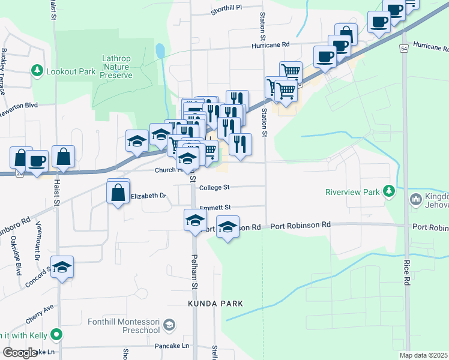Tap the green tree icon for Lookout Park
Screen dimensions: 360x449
pos(37,71)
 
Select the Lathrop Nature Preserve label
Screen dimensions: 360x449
pos(116,67)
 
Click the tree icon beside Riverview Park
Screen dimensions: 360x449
pos(389,191)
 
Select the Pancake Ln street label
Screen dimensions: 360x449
pos(172,346)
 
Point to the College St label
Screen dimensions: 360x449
pos(215,187)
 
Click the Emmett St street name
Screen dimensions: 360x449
pos(215,208)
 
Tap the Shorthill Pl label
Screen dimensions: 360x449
pos(226,8)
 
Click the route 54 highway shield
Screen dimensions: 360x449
pos(405,47)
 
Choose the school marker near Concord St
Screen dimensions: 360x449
pos(62,268)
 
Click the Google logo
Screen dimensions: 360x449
pos(20,353)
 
